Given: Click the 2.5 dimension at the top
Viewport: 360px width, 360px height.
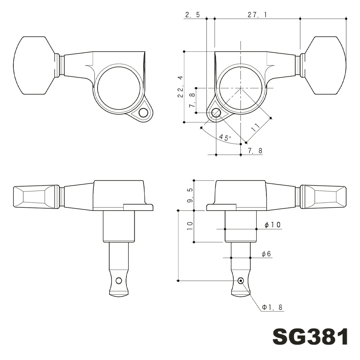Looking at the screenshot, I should click(192, 15).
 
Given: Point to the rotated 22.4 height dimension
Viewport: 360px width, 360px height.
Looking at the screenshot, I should click(180, 87).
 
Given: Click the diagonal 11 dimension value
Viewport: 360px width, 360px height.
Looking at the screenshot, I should click(255, 126).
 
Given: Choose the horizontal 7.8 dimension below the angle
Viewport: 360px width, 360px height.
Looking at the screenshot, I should click(255, 151).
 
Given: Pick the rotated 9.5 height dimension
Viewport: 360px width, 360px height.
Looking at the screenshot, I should click(190, 195).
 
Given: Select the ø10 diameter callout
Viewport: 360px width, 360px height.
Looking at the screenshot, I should click(272, 225).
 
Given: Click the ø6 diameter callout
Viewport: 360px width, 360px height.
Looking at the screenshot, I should click(266, 254).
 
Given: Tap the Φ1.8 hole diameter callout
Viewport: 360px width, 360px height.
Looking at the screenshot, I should click(273, 307).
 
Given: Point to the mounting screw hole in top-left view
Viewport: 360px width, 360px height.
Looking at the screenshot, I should click(143, 113).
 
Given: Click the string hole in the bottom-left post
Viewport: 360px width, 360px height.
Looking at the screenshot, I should click(119, 280).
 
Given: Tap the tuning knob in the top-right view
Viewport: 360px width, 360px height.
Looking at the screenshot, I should click(326, 66).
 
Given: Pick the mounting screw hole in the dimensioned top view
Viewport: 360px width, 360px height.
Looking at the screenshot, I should click(216, 113).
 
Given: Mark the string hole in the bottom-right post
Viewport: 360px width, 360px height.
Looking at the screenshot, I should click(240, 280).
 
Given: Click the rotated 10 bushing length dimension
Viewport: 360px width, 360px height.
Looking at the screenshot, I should click(190, 226).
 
